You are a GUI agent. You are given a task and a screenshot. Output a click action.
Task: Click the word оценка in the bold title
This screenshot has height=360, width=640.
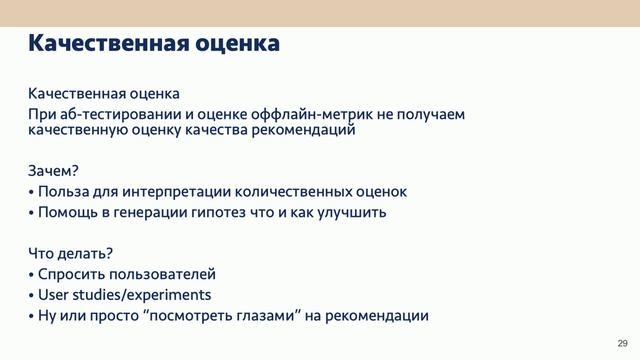coord(236,44)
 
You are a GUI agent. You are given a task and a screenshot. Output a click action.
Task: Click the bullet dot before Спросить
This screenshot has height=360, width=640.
coord(31,275)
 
